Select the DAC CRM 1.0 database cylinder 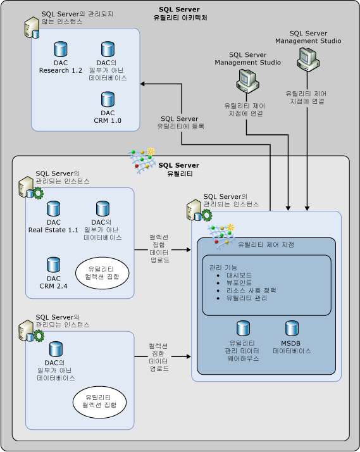pos(108,99)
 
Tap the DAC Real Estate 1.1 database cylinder pos(53,209)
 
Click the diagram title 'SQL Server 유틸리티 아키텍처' pos(180,13)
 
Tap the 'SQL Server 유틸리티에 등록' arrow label pos(178,122)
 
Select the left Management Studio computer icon pos(247,80)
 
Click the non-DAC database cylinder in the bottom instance pos(56,349)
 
